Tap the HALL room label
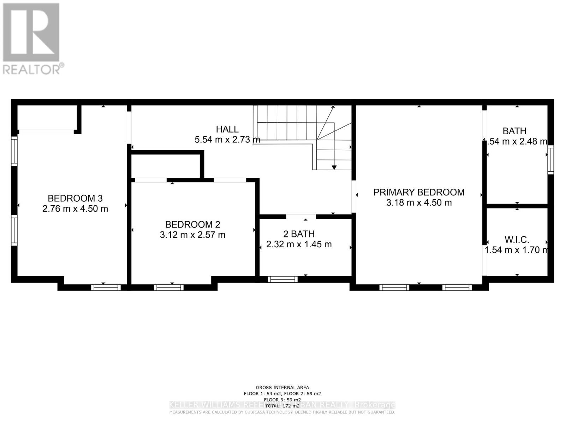tap(227, 129)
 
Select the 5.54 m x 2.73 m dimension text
tap(227, 140)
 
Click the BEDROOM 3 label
tap(75, 198)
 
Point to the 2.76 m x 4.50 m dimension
tap(75, 208)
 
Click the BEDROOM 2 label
tap(192, 224)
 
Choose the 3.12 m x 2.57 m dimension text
tap(192, 235)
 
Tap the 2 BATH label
tap(299, 234)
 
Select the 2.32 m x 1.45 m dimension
tap(299, 244)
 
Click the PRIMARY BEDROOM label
tap(419, 192)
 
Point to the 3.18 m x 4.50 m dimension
tap(419, 202)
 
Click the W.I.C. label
tap(517, 240)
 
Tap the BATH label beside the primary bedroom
tap(514, 131)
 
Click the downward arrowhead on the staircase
tap(334, 167)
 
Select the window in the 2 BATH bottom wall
tap(282, 279)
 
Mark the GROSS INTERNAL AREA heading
tap(282, 388)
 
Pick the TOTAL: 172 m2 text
tap(282, 406)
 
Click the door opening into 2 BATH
tap(301, 216)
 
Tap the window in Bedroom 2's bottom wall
tap(169, 287)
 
